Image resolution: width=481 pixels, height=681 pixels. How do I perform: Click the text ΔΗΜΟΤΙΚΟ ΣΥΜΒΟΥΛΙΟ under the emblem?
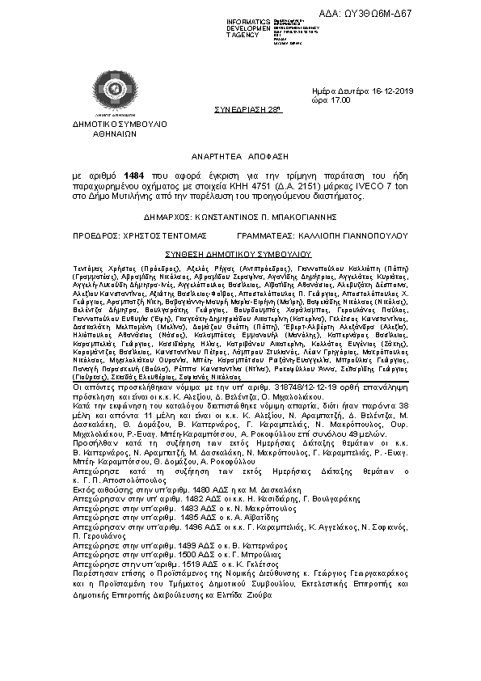(120, 126)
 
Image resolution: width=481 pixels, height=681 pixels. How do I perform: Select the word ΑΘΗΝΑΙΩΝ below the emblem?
(120, 136)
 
